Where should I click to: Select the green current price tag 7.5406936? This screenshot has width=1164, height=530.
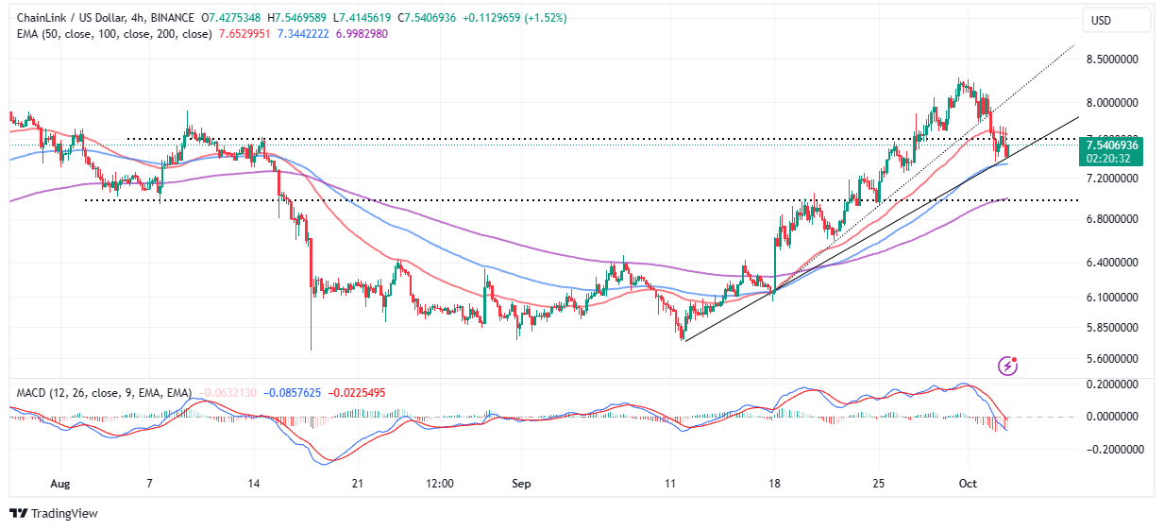(x=1112, y=145)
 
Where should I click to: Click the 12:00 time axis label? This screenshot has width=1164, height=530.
(x=440, y=483)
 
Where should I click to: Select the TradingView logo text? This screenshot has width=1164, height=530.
(x=64, y=514)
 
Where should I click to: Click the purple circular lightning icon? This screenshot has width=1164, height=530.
(x=1008, y=365)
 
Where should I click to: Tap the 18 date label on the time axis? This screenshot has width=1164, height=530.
(x=774, y=483)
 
